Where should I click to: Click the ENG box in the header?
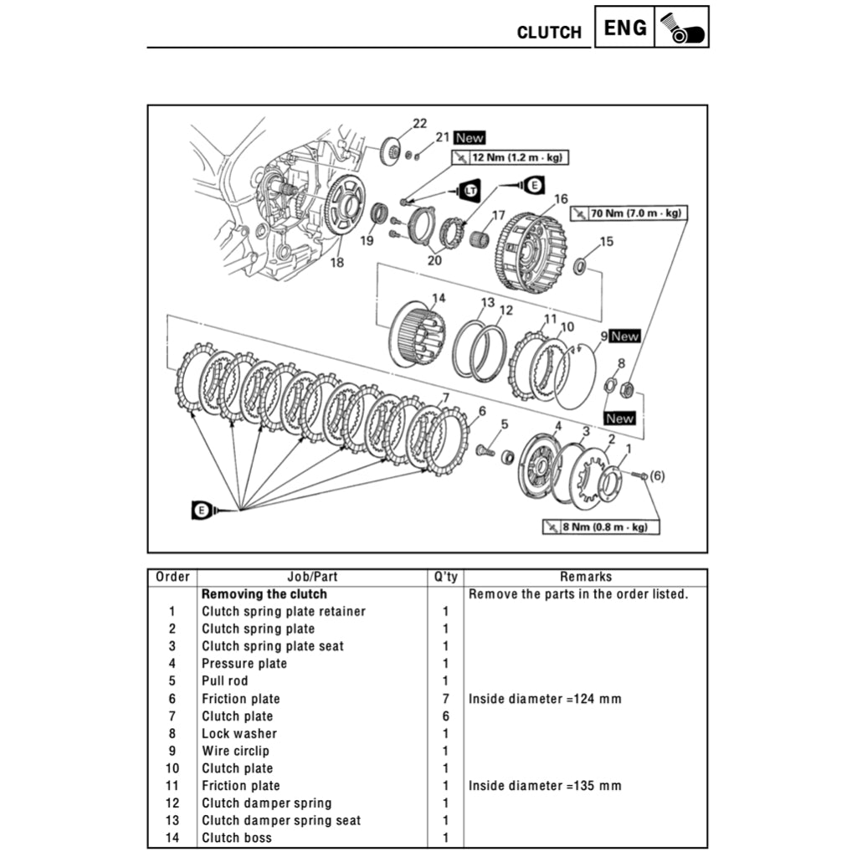tap(625, 28)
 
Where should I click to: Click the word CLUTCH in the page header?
tap(548, 33)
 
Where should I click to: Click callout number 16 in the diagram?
tap(560, 198)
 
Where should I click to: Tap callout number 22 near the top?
tap(419, 124)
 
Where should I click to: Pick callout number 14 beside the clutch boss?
tap(439, 298)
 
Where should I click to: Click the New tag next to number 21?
tap(470, 138)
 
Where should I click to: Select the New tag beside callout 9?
tap(624, 336)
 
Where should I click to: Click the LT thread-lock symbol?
tap(471, 192)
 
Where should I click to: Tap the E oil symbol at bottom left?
tap(202, 510)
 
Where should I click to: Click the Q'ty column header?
tap(445, 577)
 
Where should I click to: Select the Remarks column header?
tap(586, 577)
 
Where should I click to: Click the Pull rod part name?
tap(224, 681)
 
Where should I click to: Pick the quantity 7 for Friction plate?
tap(445, 699)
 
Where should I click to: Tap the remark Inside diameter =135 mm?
tap(545, 786)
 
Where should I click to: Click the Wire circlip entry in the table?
tap(235, 751)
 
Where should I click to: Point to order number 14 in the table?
tap(172, 838)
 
